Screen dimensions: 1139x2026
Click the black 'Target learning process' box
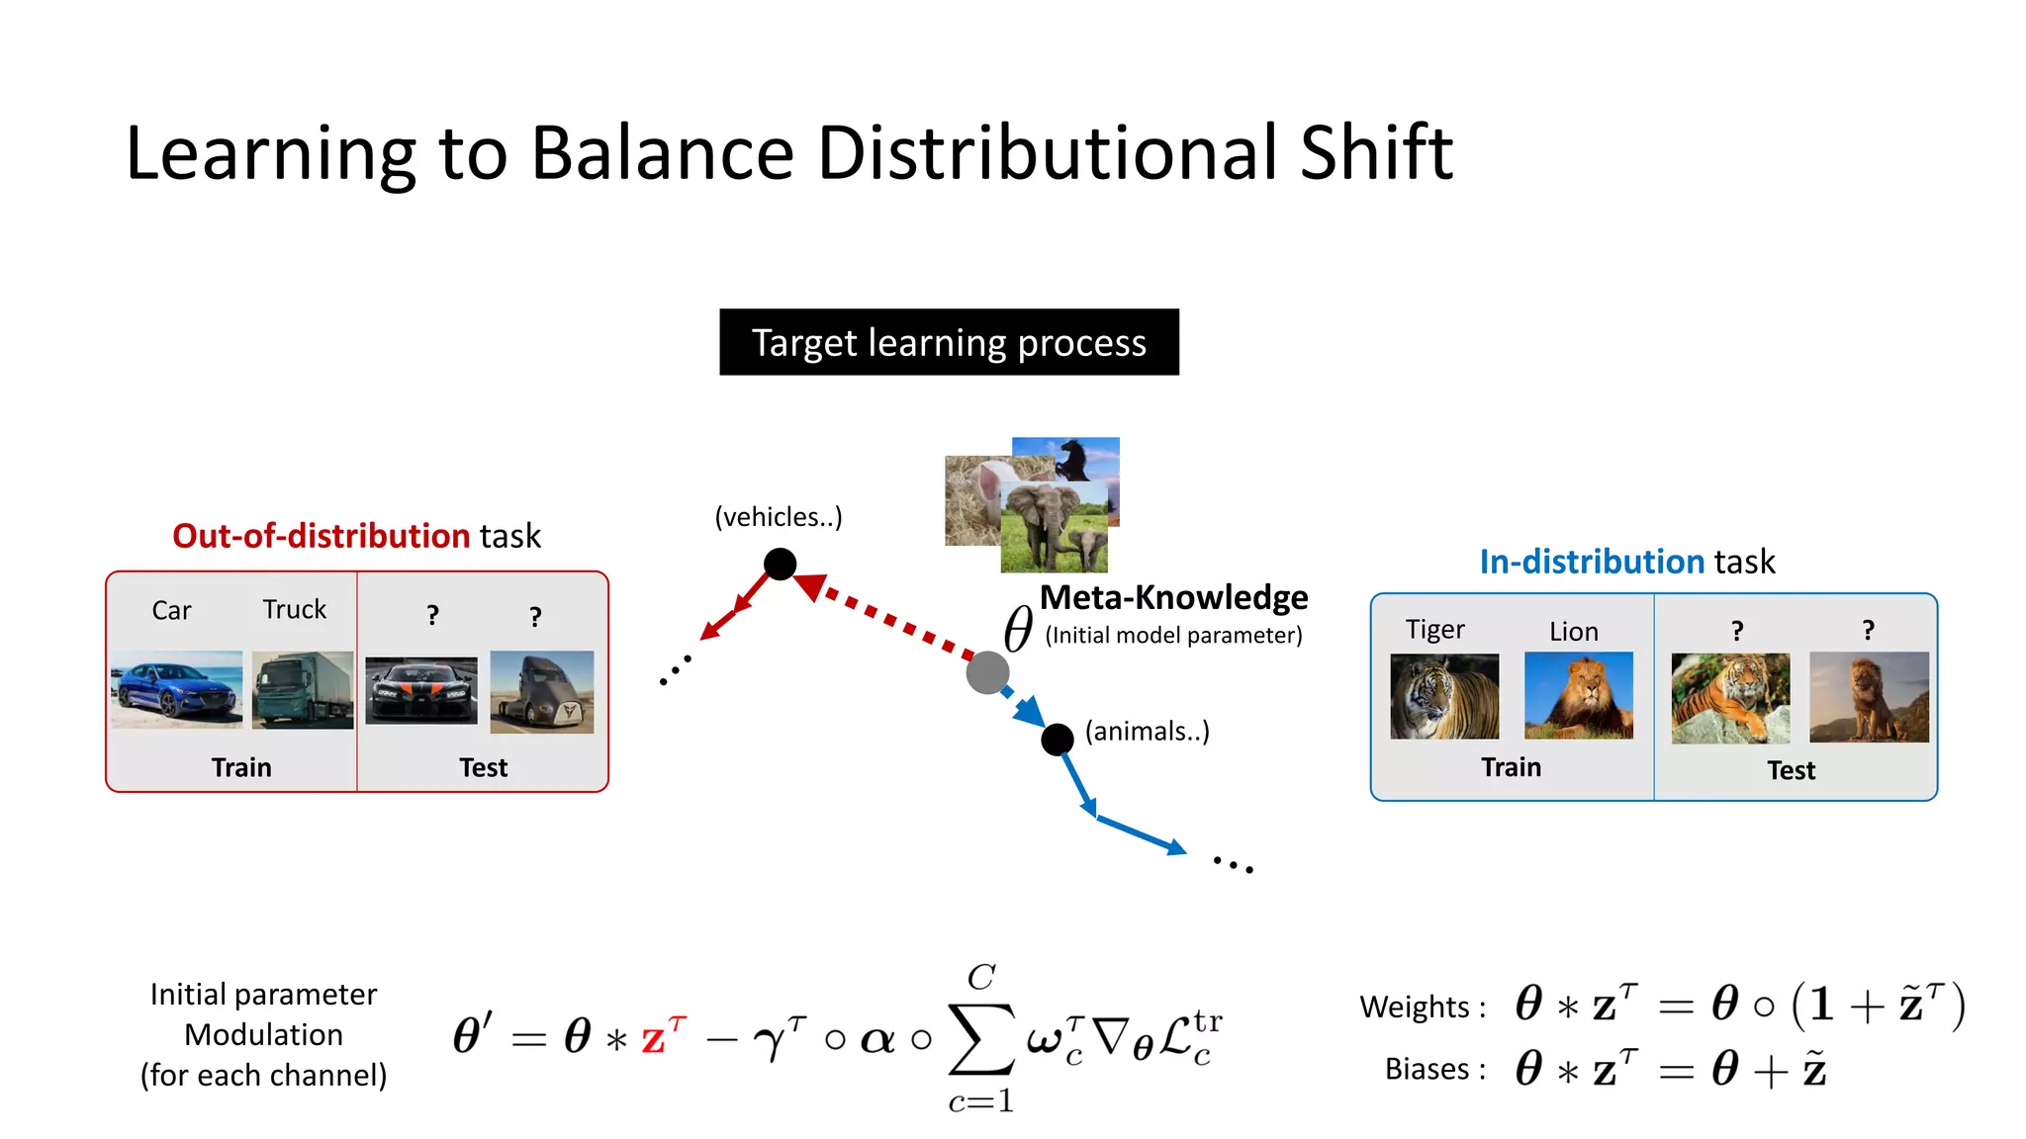(x=949, y=342)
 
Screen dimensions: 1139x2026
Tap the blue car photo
(x=176, y=689)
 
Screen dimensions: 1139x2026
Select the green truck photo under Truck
(x=302, y=689)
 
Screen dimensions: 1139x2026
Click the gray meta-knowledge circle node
(x=986, y=672)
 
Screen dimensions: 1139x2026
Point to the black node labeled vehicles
(x=780, y=564)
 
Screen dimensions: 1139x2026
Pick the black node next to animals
(x=1057, y=739)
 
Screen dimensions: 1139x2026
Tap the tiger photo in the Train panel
(x=1443, y=696)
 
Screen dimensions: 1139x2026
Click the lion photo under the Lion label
(x=1578, y=695)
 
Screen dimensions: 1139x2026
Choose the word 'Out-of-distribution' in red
(x=321, y=536)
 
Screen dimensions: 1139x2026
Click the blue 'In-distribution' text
(x=1591, y=562)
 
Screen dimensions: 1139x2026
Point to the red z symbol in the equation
(x=653, y=1039)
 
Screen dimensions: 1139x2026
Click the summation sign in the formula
(x=980, y=1038)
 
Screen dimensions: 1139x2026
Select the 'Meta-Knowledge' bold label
(x=1173, y=597)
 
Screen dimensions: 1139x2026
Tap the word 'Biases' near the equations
(x=1426, y=1069)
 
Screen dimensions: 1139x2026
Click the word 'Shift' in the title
(x=1375, y=153)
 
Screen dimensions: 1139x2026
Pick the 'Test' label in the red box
(x=483, y=767)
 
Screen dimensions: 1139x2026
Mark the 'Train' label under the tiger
(x=1511, y=767)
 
